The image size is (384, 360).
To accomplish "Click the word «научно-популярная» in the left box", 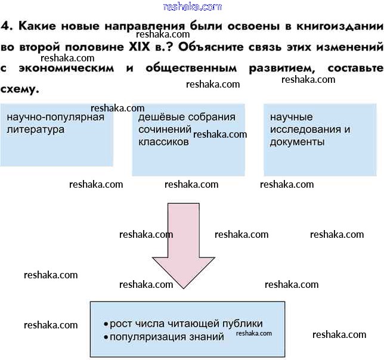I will point(55,117).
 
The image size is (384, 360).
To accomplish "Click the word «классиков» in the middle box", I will point(163,142).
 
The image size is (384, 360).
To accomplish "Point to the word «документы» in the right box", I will point(297,142).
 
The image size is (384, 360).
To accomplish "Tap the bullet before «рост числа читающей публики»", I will point(106,324).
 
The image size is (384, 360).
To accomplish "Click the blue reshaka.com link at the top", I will point(191,7).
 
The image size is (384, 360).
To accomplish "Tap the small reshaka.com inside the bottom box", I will point(254,333).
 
